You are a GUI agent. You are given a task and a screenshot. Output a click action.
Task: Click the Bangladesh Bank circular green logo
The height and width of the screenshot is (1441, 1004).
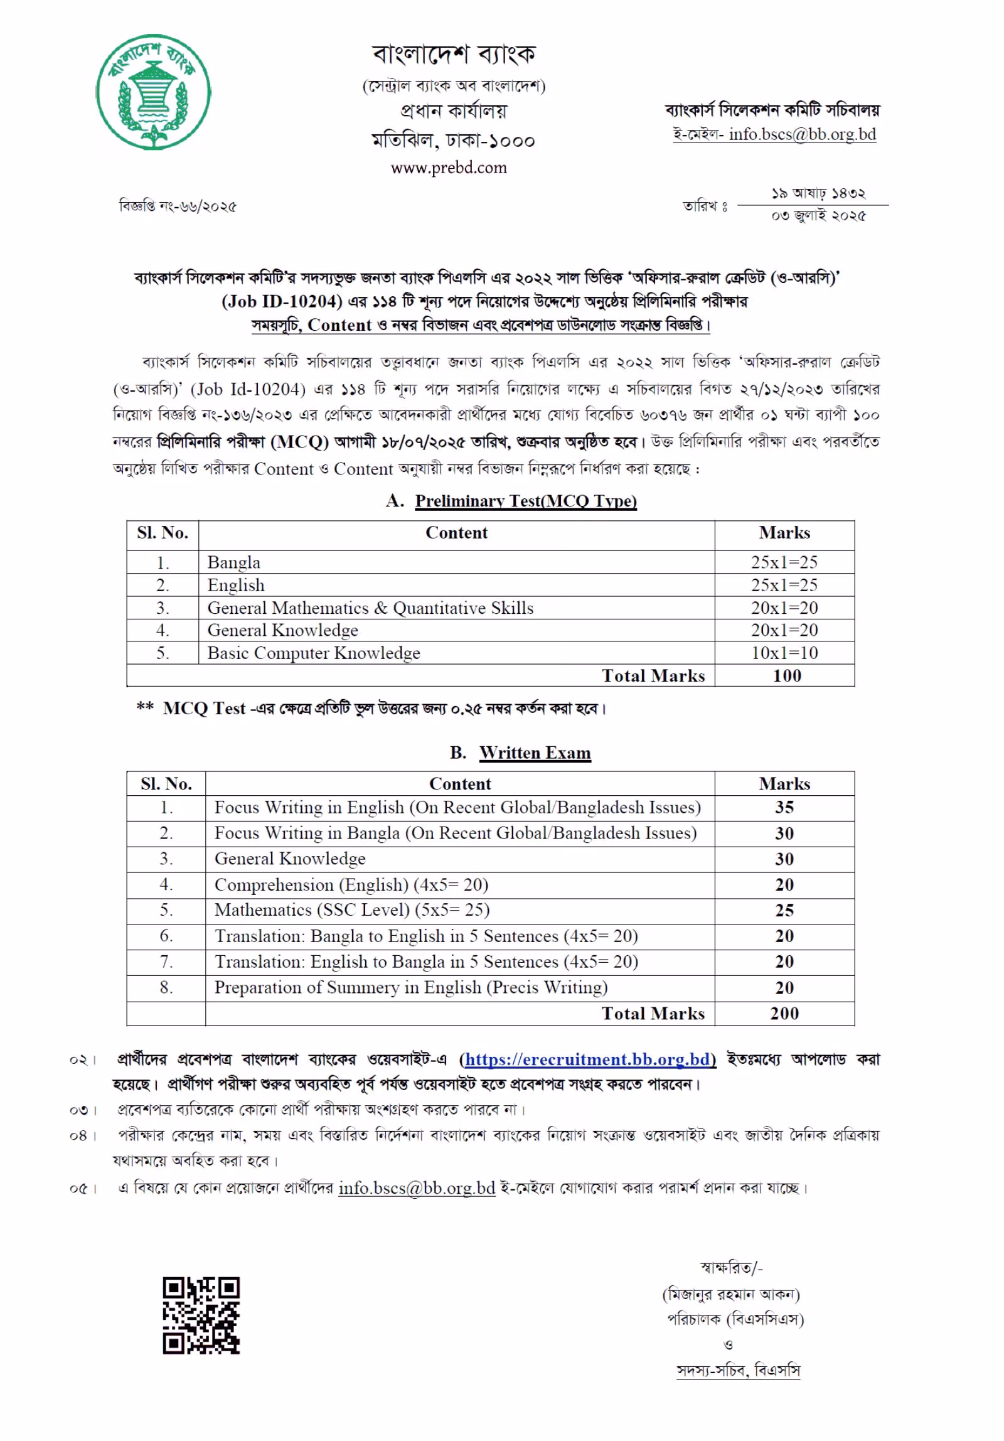tap(154, 91)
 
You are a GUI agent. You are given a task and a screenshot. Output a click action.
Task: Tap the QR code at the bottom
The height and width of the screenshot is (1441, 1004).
tap(201, 1315)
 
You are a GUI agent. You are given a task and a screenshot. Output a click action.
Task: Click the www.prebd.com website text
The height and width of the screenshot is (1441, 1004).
tap(448, 168)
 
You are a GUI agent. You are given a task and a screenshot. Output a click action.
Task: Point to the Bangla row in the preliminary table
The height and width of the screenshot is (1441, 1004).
tap(233, 562)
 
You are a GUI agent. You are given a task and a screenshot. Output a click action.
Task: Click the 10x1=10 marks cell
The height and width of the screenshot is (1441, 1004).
tap(784, 653)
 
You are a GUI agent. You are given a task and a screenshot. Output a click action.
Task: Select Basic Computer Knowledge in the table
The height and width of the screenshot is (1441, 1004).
tap(313, 653)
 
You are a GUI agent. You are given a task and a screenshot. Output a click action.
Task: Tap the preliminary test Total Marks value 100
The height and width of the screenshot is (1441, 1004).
tap(786, 675)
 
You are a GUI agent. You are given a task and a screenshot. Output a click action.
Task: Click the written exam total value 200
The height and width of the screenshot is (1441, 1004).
tap(784, 1014)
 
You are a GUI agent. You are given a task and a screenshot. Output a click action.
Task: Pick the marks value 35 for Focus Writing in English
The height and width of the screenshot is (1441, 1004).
tap(784, 807)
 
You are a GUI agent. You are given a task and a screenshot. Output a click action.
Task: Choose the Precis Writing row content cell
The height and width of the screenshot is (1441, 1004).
tap(411, 987)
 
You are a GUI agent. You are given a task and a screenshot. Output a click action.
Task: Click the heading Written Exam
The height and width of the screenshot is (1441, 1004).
tap(535, 753)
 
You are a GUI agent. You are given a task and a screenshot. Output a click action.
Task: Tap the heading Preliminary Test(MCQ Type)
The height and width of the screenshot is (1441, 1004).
tap(526, 501)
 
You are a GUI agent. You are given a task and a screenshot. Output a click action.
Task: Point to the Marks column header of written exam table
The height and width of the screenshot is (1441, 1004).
tap(784, 783)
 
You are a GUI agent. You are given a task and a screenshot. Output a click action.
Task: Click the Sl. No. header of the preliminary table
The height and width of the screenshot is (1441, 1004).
tap(163, 533)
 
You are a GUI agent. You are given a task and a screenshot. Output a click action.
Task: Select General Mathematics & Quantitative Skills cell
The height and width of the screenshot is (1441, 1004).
tap(370, 608)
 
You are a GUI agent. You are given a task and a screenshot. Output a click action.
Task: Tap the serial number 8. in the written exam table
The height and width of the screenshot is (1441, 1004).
tap(166, 987)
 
